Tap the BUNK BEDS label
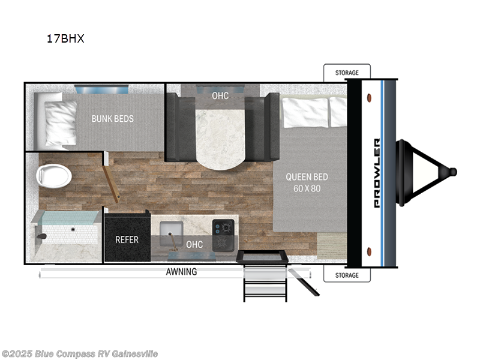113,118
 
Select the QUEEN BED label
307,176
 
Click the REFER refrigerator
127,239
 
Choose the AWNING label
181,272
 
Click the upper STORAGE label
347,73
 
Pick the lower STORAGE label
347,275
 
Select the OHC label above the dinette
220,96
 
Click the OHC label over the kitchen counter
194,244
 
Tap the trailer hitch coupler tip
452,172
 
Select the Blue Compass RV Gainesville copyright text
80,353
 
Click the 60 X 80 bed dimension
307,189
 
